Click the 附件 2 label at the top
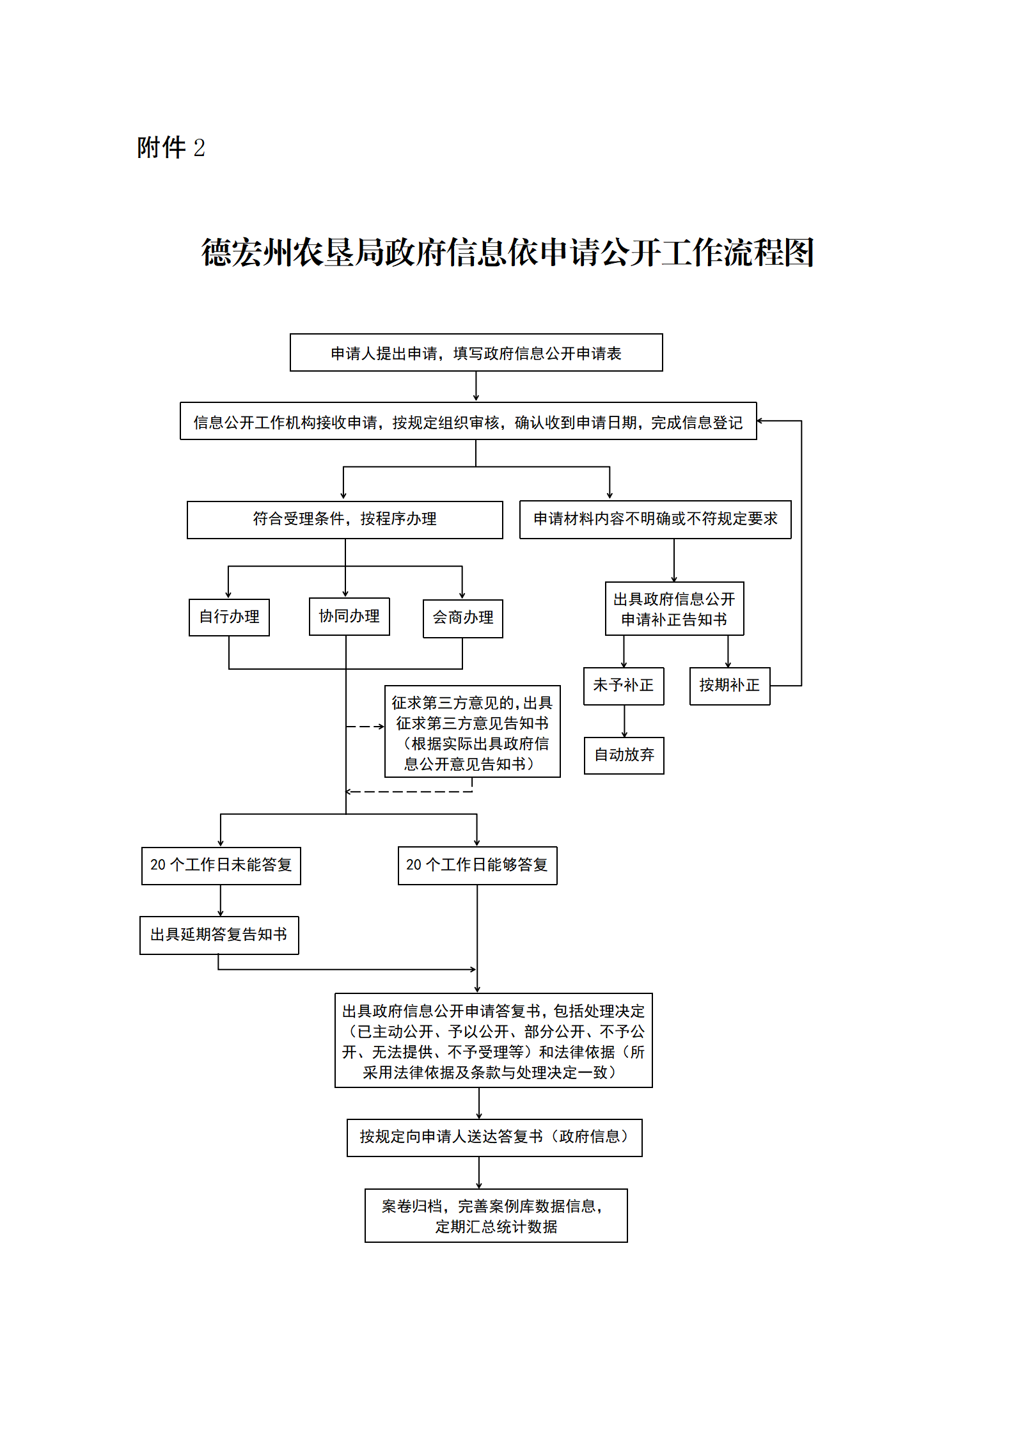[171, 148]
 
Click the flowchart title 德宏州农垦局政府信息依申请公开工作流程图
[507, 253]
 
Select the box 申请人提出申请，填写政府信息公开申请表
[476, 352]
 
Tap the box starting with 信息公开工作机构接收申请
[468, 422]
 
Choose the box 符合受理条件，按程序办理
[345, 519]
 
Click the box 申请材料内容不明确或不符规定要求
[655, 519]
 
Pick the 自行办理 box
[229, 617]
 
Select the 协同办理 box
[349, 617]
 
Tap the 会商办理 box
[463, 619]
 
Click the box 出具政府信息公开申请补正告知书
[674, 609]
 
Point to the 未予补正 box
[624, 686]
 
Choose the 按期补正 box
[729, 686]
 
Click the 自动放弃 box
[624, 755]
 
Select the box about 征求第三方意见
[472, 732]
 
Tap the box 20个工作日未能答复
[221, 866]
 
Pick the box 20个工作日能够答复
[477, 866]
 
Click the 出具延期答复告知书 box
[219, 935]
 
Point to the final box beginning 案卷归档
[496, 1216]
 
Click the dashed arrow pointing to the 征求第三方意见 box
[365, 727]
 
